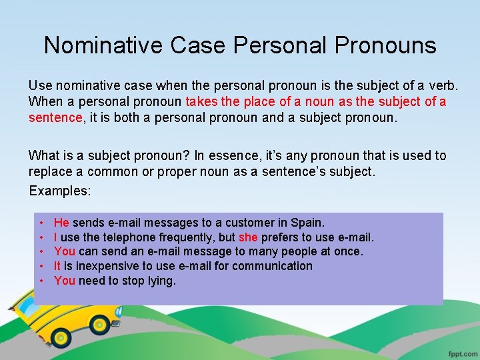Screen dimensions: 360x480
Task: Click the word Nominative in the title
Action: (103, 45)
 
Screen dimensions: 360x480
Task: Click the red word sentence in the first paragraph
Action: (55, 118)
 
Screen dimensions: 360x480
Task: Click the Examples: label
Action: (59, 190)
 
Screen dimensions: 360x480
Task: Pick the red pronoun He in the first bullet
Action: (61, 223)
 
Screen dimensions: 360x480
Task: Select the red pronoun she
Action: (248, 237)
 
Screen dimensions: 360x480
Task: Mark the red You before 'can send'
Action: (65, 252)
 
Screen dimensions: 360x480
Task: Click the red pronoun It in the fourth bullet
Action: (58, 266)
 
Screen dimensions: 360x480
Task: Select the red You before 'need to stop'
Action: (65, 281)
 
